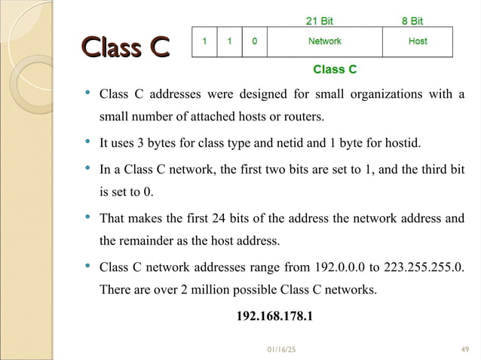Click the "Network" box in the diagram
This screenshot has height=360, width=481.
click(x=324, y=41)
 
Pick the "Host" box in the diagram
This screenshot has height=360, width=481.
click(x=417, y=41)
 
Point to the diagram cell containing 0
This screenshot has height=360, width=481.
click(x=254, y=41)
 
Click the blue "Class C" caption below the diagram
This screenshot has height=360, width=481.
click(x=335, y=70)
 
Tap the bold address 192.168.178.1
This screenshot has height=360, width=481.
click(x=274, y=316)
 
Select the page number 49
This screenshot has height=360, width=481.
click(x=464, y=349)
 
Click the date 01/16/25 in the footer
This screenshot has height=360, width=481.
click(x=282, y=349)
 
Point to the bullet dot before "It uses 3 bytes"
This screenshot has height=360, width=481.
click(x=87, y=142)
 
